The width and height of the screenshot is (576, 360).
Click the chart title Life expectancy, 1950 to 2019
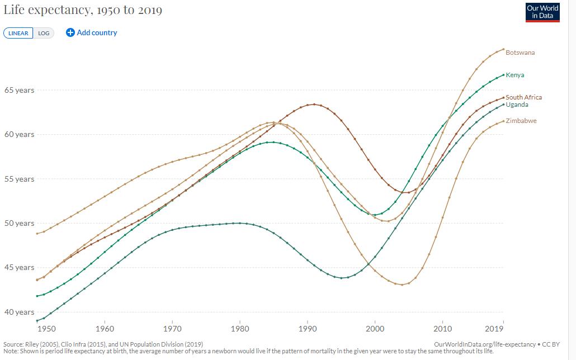click(83, 11)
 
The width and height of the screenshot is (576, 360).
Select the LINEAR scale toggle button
click(18, 33)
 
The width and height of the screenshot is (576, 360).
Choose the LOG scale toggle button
click(44, 33)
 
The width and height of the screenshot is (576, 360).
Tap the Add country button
click(92, 32)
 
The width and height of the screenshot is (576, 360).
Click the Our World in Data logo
click(542, 12)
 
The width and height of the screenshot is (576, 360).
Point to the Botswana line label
click(520, 53)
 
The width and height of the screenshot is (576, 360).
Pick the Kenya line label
click(515, 75)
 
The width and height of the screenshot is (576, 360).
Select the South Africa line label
click(523, 97)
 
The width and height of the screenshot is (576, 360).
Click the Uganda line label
click(517, 105)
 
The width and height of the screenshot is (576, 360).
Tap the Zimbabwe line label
click(521, 121)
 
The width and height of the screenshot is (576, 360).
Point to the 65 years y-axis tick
click(19, 90)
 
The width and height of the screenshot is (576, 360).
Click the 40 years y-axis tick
click(19, 312)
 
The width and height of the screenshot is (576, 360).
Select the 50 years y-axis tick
click(19, 223)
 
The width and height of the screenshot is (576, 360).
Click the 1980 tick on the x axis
click(240, 329)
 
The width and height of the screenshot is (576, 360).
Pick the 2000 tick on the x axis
click(375, 329)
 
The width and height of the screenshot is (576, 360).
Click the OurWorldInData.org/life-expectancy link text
click(481, 344)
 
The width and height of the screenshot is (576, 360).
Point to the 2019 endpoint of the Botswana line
click(504, 49)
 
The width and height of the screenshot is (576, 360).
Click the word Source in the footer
click(13, 344)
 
